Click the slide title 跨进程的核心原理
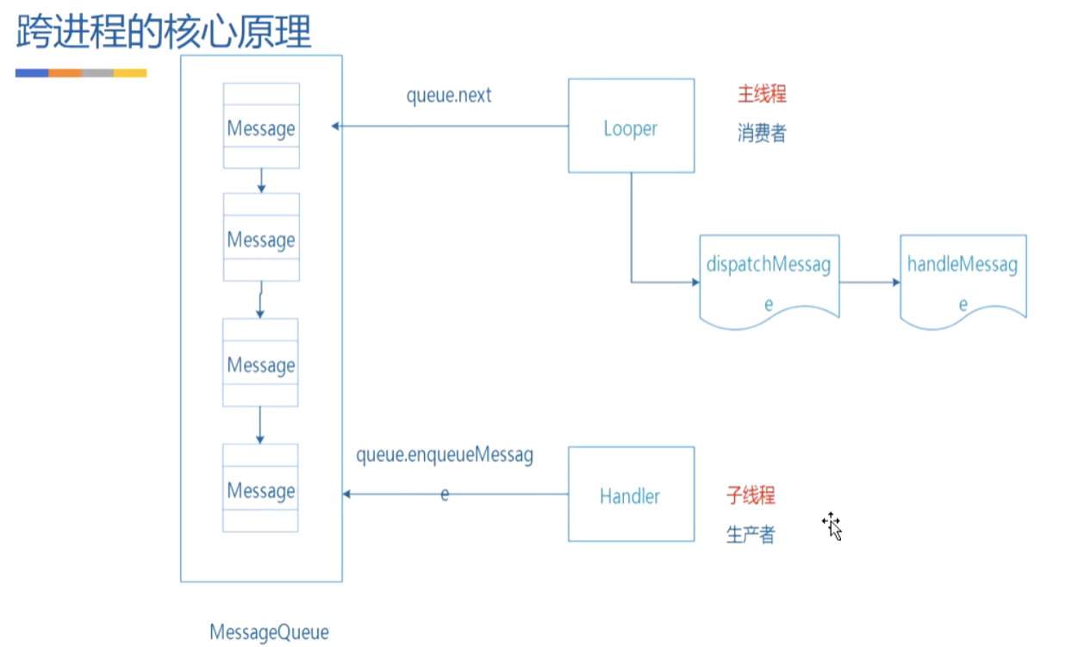[164, 32]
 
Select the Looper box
[631, 127]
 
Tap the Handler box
[631, 495]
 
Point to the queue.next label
[449, 95]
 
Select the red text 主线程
[762, 94]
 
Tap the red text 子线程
[751, 495]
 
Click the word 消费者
[762, 134]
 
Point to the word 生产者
[751, 535]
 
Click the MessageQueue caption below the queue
[269, 632]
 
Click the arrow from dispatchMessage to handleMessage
[869, 282]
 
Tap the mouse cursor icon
[832, 525]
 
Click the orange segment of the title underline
[65, 73]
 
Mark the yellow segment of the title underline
[130, 73]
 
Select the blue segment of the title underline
[32, 73]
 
